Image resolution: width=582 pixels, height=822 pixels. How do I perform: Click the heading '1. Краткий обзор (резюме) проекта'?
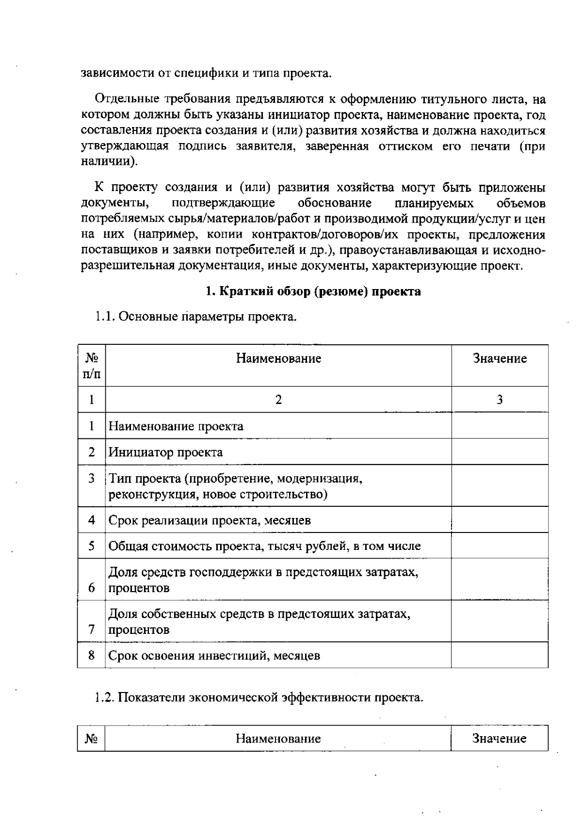tap(313, 291)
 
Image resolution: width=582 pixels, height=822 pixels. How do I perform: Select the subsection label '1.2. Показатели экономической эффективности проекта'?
tap(259, 697)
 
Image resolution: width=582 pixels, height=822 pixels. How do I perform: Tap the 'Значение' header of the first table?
tap(500, 358)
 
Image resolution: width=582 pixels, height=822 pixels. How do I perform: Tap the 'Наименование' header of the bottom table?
tap(278, 739)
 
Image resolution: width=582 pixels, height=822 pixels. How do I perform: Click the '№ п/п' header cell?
tap(92, 366)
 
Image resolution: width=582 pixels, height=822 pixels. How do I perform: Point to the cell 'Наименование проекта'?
tap(176, 426)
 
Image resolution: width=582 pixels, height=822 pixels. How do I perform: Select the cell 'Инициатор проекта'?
tap(165, 452)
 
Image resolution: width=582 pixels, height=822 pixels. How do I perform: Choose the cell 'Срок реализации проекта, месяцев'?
tap(210, 520)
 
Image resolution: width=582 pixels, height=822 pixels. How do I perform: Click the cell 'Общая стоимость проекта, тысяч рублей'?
tap(264, 546)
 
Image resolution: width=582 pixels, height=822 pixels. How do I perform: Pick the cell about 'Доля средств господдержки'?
tap(263, 580)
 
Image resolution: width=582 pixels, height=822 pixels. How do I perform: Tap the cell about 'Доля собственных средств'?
tap(259, 622)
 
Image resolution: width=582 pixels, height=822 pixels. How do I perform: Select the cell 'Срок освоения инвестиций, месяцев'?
tap(214, 656)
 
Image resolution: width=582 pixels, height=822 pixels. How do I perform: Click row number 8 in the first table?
tap(91, 656)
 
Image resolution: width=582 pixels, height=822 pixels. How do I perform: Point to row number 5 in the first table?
tap(91, 546)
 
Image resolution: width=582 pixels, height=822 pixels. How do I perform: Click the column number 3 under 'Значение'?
tap(500, 400)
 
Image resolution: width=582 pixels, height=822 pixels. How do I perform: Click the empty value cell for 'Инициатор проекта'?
tap(500, 452)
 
